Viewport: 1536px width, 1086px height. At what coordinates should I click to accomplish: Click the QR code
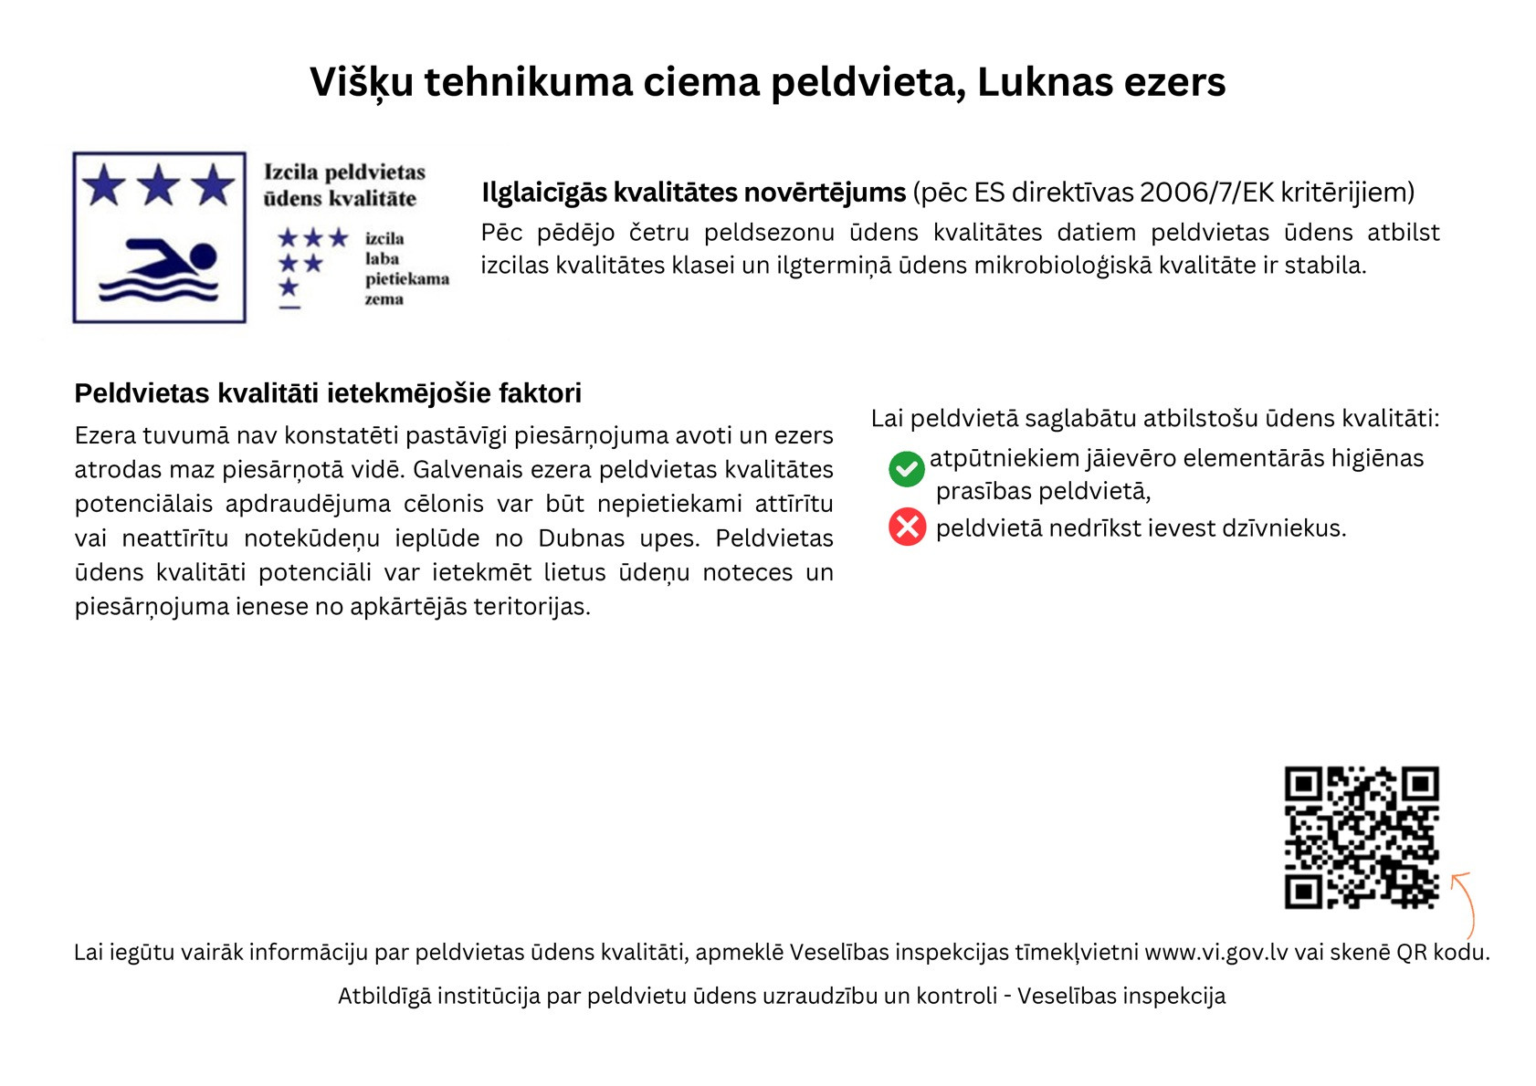[x=1361, y=837]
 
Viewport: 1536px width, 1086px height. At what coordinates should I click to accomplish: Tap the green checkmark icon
[x=906, y=469]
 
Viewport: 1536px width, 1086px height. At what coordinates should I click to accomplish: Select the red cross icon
[x=907, y=527]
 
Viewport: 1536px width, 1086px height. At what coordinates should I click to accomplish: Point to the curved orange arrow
[x=1464, y=903]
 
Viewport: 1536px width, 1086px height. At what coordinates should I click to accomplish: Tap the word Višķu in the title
[x=361, y=82]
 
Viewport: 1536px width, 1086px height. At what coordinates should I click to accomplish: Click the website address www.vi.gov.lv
[x=1215, y=952]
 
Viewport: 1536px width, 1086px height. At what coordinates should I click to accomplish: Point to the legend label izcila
[x=384, y=238]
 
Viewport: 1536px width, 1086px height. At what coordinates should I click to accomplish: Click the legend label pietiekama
[x=406, y=278]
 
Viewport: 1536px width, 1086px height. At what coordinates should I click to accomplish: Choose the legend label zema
[x=384, y=298]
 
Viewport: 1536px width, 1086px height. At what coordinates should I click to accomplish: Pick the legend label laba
[x=382, y=258]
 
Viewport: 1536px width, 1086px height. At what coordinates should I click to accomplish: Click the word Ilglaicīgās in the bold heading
[x=543, y=193]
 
